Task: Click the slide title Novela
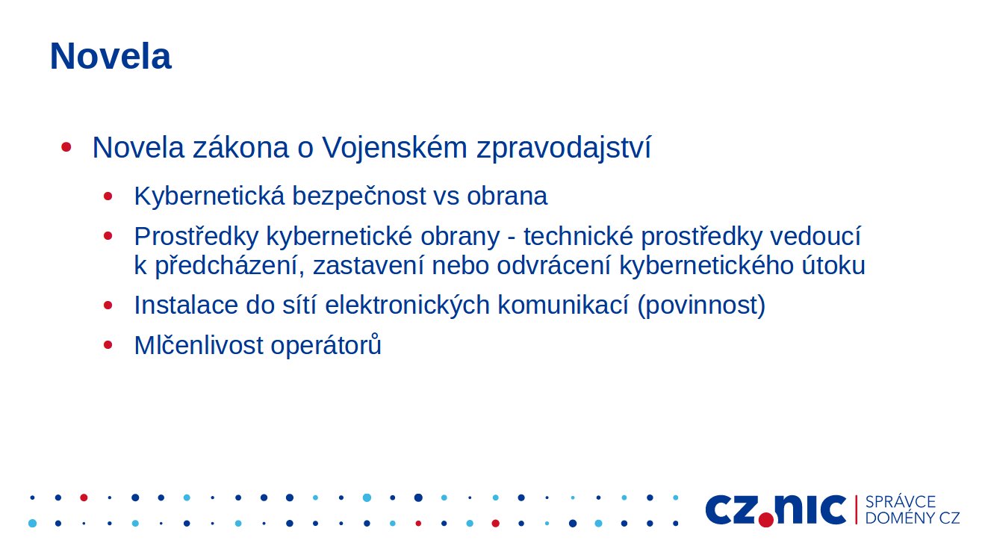(111, 56)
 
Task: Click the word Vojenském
(394, 148)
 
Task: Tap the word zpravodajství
(563, 148)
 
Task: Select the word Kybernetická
(210, 196)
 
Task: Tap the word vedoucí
(815, 236)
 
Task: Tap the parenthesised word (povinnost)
(701, 306)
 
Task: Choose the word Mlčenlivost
(199, 345)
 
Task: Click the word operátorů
(326, 345)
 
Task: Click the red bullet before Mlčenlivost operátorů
(108, 345)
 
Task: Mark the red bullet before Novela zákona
(66, 147)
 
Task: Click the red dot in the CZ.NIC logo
(766, 519)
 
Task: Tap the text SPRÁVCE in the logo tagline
(901, 502)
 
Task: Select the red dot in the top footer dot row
(84, 497)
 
